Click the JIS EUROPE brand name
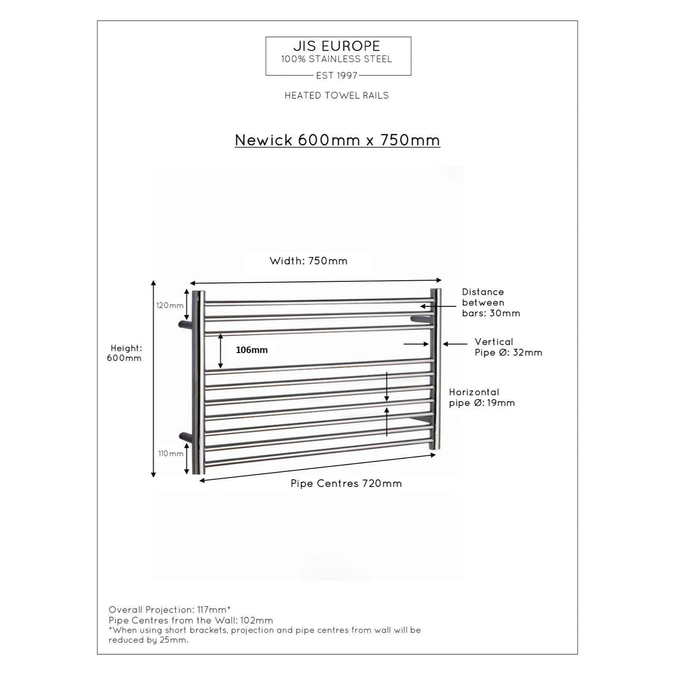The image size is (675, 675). point(337,46)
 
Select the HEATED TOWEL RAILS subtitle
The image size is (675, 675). point(336,96)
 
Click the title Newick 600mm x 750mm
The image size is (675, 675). point(337,140)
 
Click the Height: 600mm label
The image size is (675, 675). point(125,353)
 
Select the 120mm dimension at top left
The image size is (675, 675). point(170,306)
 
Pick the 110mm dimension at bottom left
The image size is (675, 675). point(171,454)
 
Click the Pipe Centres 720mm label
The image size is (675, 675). point(346,484)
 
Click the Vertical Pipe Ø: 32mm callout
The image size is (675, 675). point(508,347)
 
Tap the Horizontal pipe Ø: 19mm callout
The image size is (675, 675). point(482,398)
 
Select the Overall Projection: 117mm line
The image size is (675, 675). point(170,610)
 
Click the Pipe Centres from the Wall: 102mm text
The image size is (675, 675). point(191,621)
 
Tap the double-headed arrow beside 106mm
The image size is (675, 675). point(221,351)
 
